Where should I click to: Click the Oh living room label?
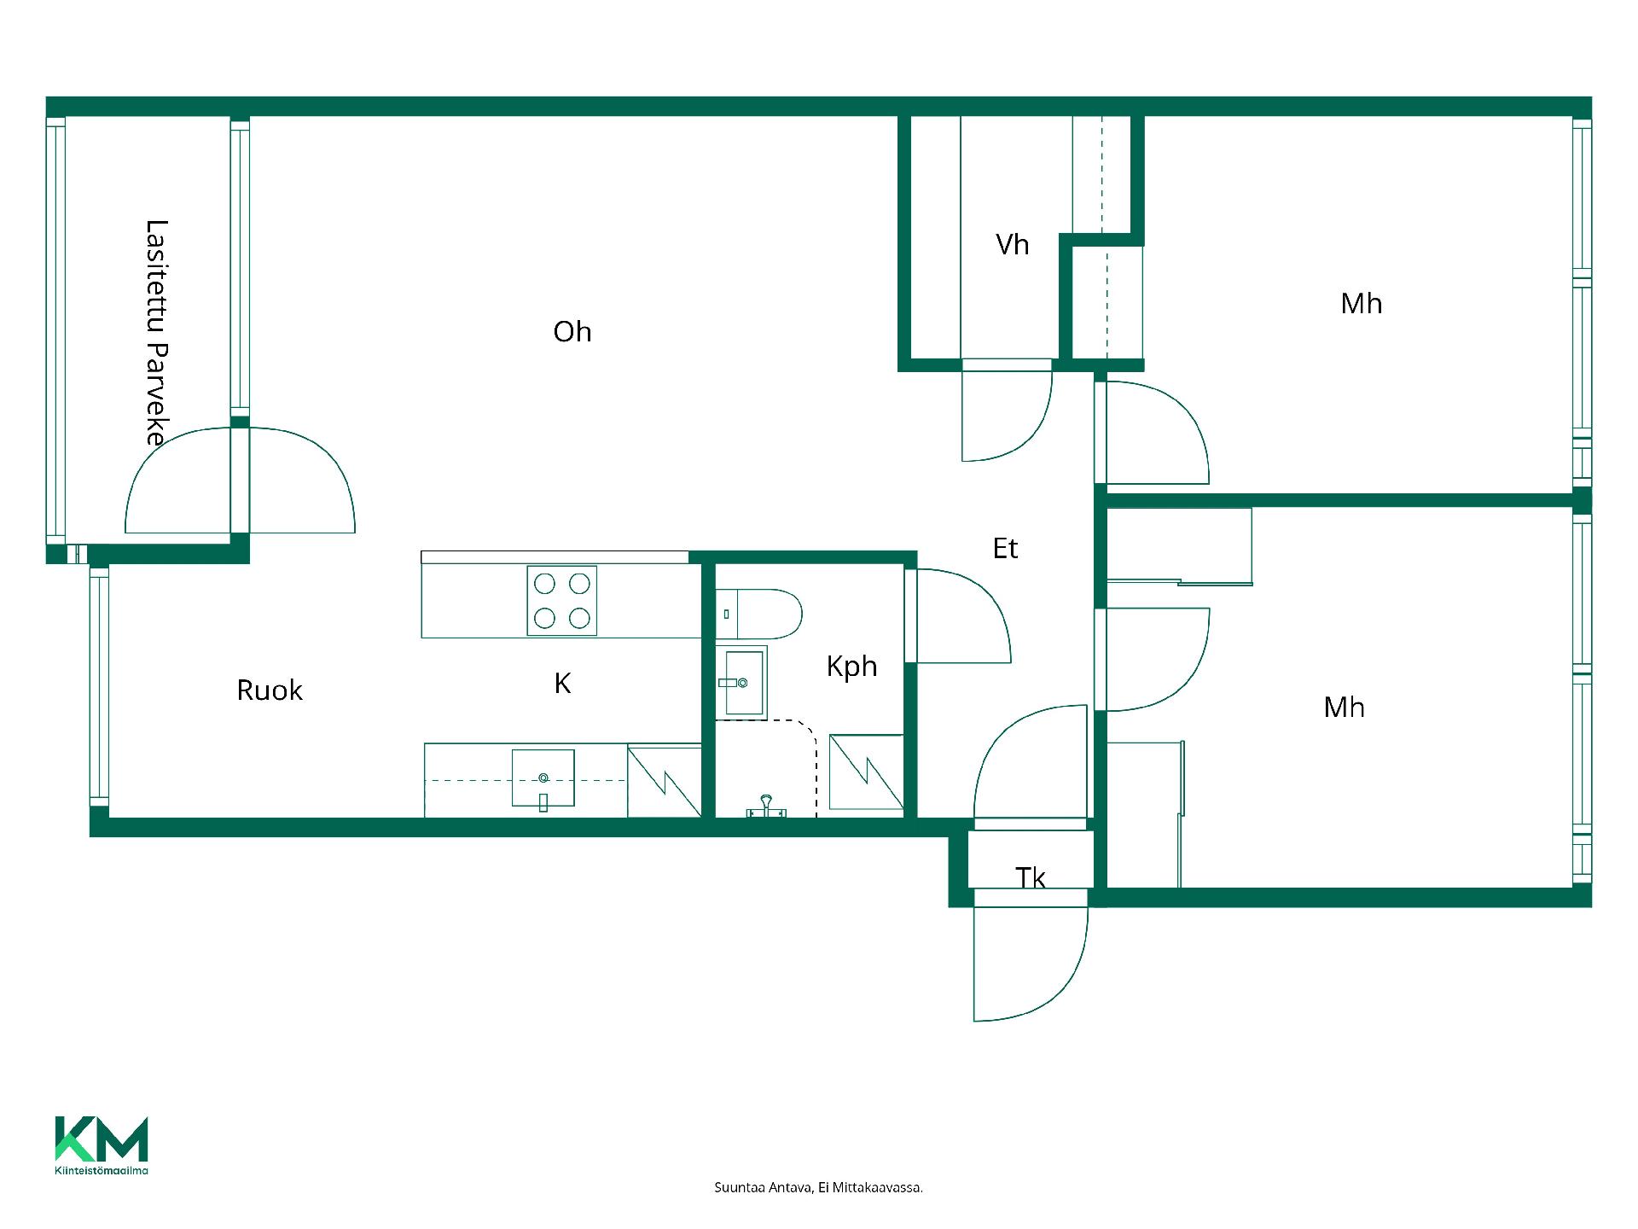(572, 331)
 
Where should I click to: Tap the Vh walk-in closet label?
(1013, 245)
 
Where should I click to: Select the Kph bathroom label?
(851, 667)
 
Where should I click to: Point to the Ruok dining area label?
(270, 690)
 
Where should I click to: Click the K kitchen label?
(562, 683)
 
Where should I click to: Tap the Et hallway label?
(1005, 548)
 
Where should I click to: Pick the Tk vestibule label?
(1031, 877)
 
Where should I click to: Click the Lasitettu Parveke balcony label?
(156, 333)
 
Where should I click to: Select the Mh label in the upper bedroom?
(1361, 303)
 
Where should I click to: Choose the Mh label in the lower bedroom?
(1344, 707)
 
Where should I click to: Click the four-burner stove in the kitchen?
(561, 601)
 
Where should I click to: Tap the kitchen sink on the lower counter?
(543, 778)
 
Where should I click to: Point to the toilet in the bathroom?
(758, 614)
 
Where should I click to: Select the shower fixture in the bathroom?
(766, 807)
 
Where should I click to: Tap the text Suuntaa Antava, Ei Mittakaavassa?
(818, 1187)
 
